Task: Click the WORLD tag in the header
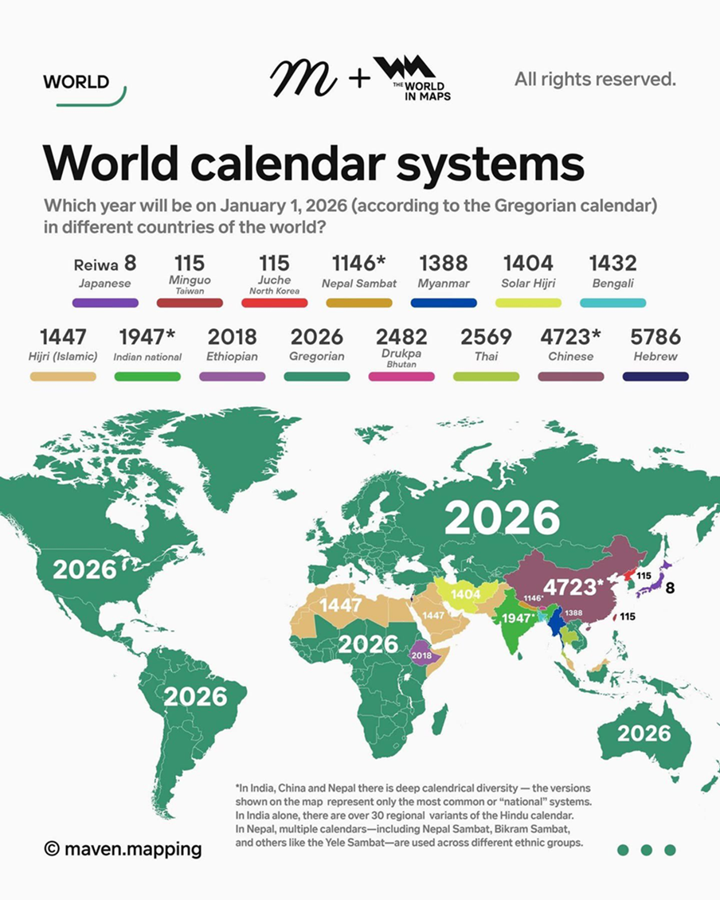[x=76, y=82]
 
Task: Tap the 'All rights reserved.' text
[x=595, y=79]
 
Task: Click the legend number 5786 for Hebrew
[x=655, y=336]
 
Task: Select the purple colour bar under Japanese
[x=105, y=303]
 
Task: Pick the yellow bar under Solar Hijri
[x=528, y=303]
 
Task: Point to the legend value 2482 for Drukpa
[x=401, y=336]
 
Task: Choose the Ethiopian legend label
[x=232, y=356]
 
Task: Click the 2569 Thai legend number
[x=486, y=336]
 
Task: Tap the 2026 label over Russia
[x=502, y=518]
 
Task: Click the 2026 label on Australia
[x=644, y=733]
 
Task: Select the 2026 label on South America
[x=195, y=696]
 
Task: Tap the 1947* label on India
[x=516, y=619]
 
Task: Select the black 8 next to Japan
[x=670, y=589]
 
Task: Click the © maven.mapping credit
[x=123, y=849]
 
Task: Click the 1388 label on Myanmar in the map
[x=573, y=612]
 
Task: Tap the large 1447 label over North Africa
[x=340, y=605]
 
